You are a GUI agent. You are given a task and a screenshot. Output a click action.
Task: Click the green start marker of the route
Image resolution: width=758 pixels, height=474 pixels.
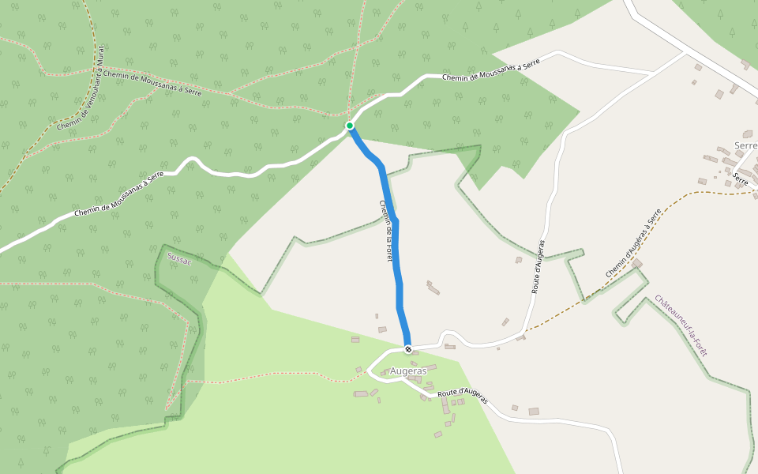[x=349, y=125]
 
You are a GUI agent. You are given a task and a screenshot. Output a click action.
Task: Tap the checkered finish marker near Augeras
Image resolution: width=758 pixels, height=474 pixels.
[x=408, y=349]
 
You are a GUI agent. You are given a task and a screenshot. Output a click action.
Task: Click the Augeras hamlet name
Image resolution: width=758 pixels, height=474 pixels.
[x=408, y=371]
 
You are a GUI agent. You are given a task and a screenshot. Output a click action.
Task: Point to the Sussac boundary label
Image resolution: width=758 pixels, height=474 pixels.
[x=180, y=259]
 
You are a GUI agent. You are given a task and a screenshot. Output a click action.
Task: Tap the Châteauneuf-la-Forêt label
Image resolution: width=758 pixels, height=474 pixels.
[x=681, y=325]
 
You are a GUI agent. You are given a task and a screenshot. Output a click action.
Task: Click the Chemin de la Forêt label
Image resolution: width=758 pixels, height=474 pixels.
[x=385, y=230]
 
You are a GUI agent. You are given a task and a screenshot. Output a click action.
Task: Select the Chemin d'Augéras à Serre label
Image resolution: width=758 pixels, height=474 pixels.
[x=633, y=243]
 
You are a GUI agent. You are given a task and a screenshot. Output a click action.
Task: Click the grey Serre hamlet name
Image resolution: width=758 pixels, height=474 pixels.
[x=745, y=146]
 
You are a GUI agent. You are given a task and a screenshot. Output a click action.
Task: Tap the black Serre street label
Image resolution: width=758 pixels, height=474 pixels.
[x=741, y=179]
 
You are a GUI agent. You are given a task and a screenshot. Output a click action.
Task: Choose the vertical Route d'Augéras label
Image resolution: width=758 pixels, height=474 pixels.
[x=538, y=267]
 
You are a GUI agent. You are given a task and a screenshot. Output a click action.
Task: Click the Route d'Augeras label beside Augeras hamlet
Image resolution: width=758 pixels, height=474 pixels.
[x=463, y=397]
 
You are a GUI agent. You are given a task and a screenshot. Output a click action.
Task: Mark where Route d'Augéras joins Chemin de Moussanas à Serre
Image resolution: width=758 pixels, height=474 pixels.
[x=652, y=73]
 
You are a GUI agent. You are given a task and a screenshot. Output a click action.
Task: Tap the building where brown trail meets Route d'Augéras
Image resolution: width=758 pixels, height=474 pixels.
[x=521, y=337]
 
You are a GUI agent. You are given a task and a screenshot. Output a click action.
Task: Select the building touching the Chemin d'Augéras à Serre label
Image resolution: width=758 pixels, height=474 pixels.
[x=636, y=263]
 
